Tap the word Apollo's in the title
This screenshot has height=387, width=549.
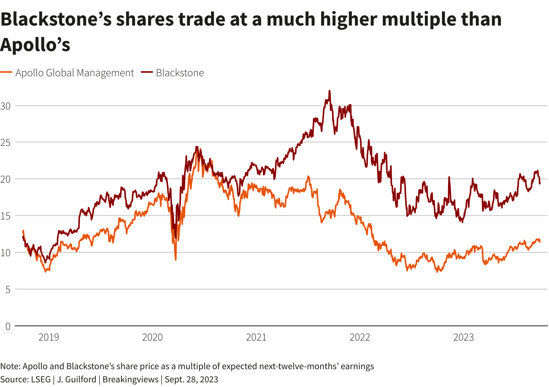(35, 45)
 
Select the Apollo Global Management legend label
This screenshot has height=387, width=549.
(75, 73)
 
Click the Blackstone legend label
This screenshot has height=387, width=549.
(180, 73)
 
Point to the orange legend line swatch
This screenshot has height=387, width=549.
(6, 72)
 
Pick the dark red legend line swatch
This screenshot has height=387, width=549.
(147, 72)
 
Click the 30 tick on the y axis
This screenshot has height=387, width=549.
(5, 106)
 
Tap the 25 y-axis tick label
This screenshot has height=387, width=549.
(5, 142)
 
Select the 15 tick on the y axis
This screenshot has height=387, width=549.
(5, 216)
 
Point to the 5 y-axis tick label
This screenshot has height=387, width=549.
(8, 289)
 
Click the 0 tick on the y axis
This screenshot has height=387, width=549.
(8, 326)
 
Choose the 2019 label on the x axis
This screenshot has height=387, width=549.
(49, 337)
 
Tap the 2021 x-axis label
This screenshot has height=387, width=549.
(256, 337)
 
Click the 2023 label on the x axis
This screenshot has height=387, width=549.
(463, 337)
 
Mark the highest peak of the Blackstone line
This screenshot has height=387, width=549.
(330, 91)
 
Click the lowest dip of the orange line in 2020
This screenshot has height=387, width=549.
(176, 260)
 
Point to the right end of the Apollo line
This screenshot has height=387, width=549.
(540, 242)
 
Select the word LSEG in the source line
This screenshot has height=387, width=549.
(41, 379)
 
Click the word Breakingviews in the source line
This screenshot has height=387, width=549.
(130, 379)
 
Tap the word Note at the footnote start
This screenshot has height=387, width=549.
(10, 366)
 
